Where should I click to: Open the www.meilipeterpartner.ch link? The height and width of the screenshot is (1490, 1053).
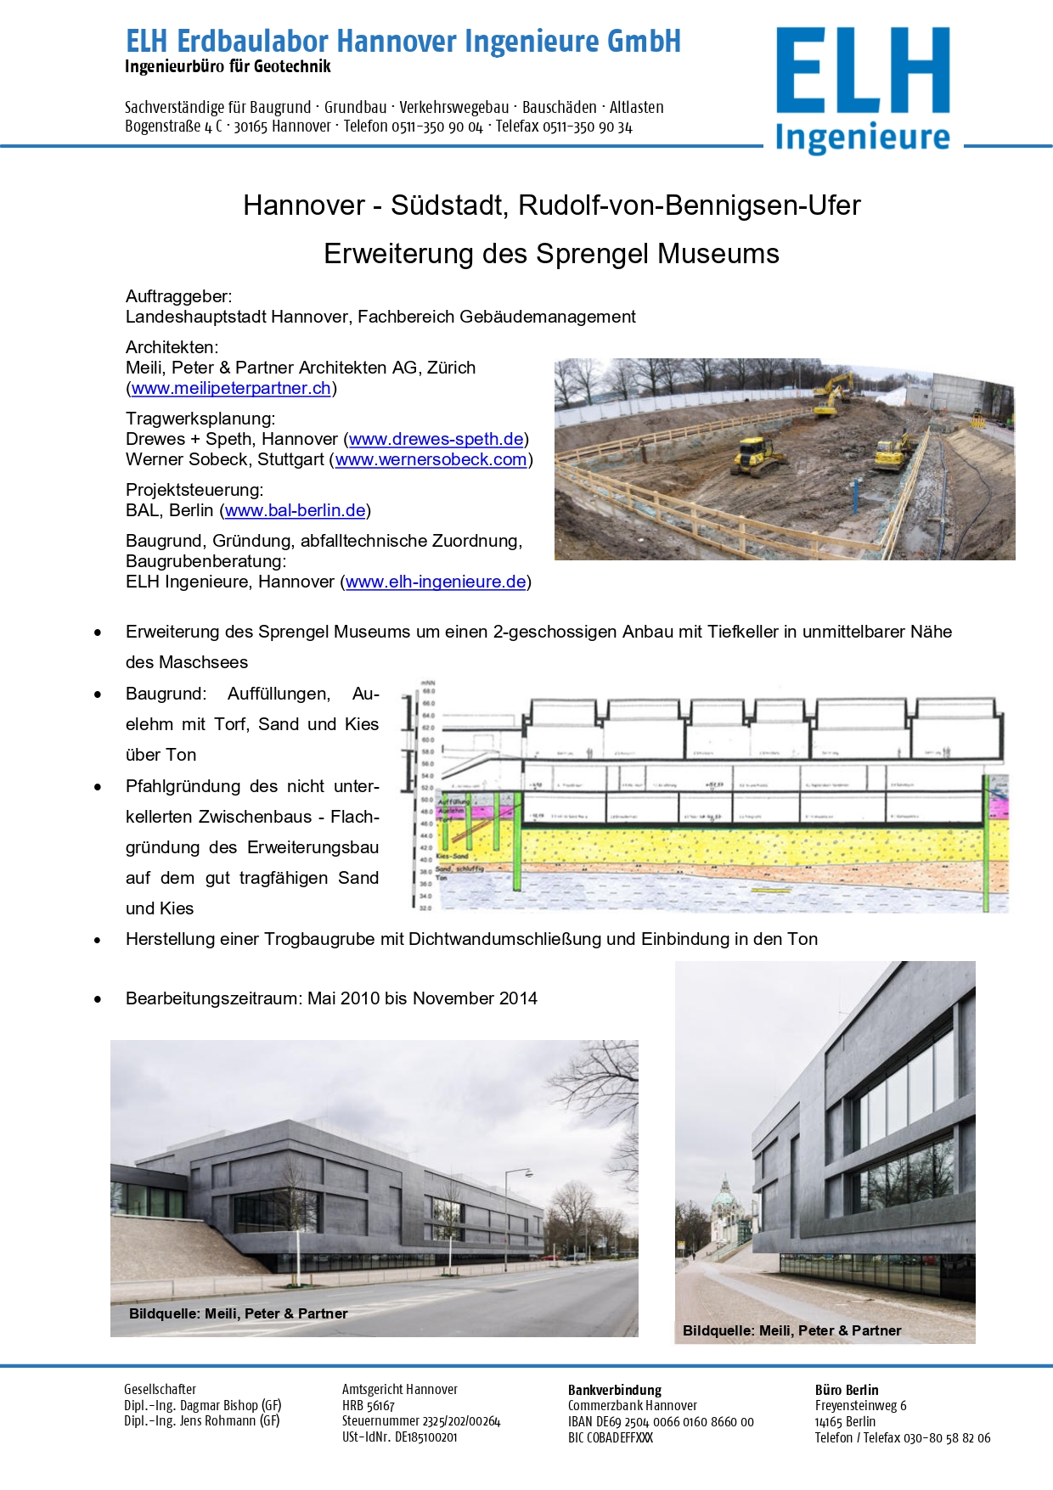(x=231, y=388)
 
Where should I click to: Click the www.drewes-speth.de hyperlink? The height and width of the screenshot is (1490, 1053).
(x=436, y=439)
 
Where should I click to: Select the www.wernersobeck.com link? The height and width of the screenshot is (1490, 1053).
(x=431, y=459)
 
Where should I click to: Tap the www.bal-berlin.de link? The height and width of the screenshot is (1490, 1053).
(x=296, y=510)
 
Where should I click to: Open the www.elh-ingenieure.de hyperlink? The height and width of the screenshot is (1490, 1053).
(x=436, y=582)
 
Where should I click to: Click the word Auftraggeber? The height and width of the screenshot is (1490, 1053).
(x=178, y=296)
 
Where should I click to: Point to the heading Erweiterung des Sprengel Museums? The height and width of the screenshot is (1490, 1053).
(x=551, y=254)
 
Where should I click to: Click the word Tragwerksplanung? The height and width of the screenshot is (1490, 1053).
(x=200, y=419)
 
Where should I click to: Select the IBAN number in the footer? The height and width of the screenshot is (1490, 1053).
(x=661, y=1422)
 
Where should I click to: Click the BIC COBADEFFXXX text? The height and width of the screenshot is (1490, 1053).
(x=611, y=1437)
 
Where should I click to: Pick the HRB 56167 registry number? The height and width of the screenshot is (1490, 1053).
(x=369, y=1406)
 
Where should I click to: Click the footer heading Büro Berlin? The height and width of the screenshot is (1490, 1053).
(x=846, y=1390)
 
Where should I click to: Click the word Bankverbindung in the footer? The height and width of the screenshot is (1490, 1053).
(x=614, y=1390)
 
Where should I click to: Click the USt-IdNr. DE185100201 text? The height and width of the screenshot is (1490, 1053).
(x=399, y=1437)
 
